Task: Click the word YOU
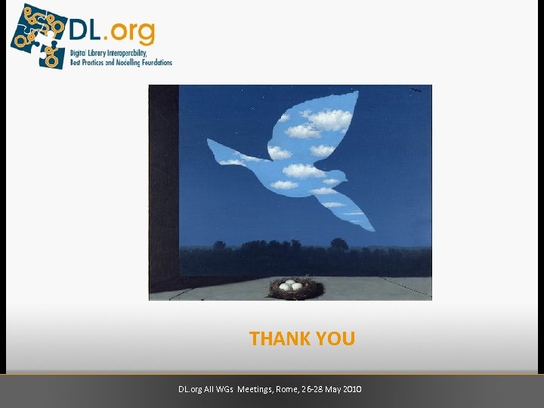pos(335,339)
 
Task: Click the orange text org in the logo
pos(134,32)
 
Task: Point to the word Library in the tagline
pos(99,54)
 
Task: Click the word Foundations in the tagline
pos(152,63)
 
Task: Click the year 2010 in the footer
pos(351,389)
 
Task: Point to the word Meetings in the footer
pos(255,389)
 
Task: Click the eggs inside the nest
pos(291,286)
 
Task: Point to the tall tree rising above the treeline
pos(339,244)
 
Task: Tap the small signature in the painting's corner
pos(415,91)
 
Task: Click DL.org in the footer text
pos(190,389)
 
